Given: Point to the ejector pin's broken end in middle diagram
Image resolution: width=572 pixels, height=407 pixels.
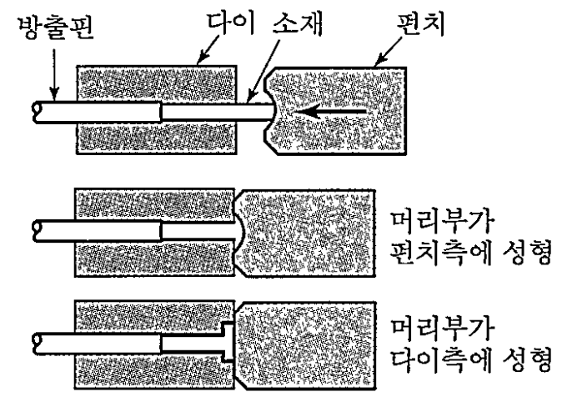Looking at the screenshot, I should tap(35, 228).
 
